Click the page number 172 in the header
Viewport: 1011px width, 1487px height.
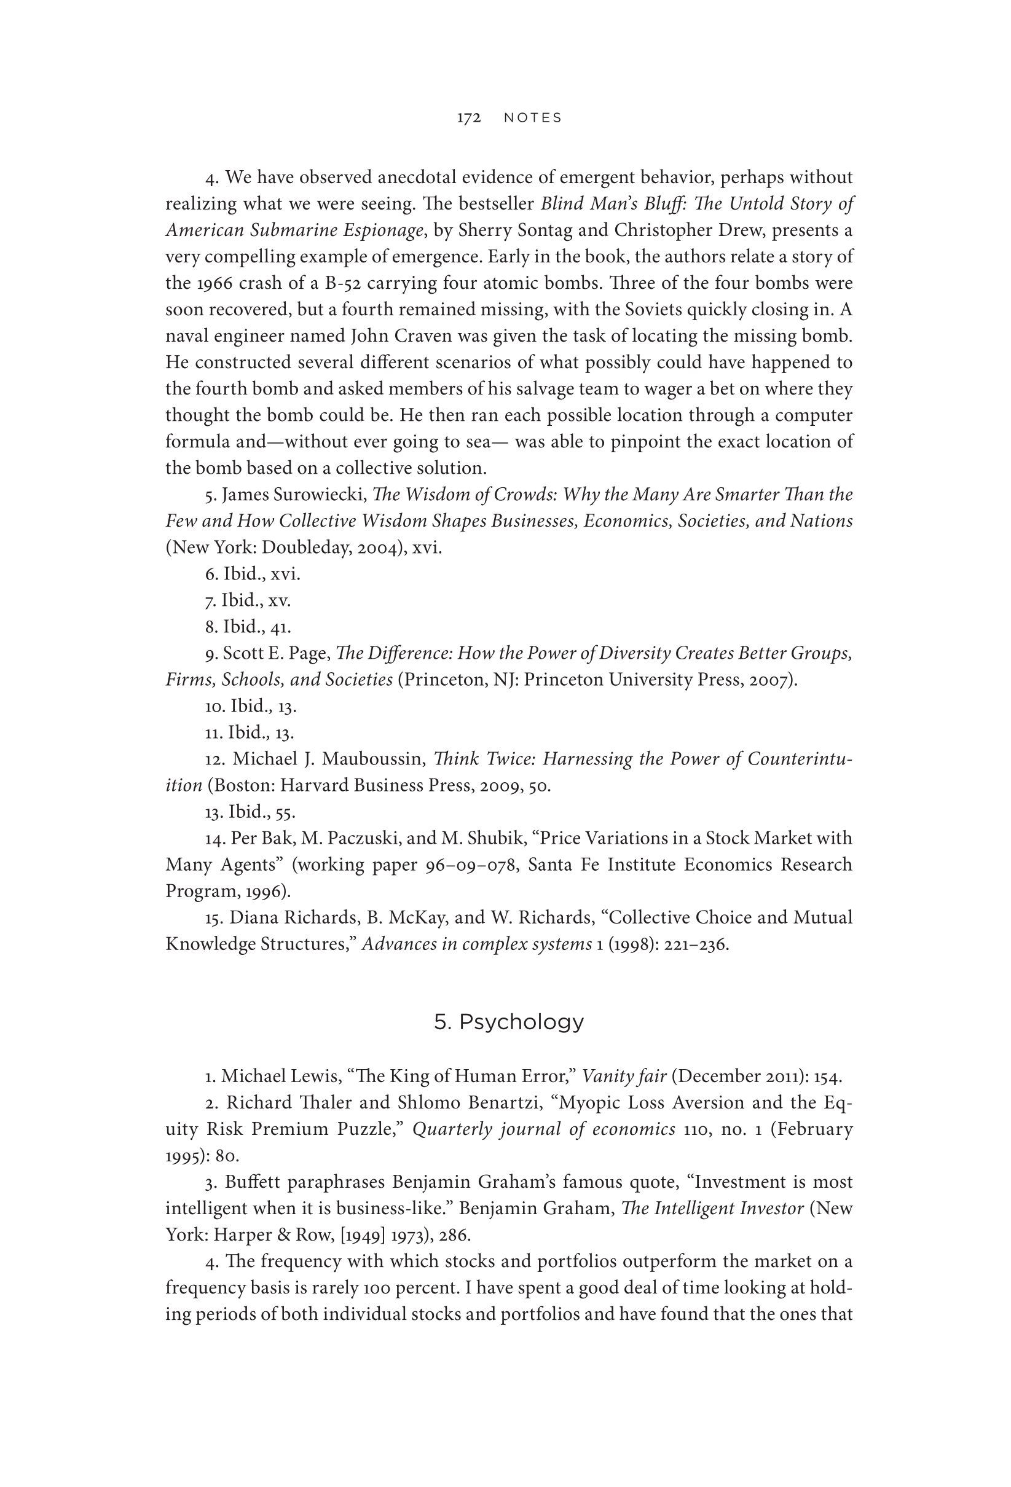[468, 118]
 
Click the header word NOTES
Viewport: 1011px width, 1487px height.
[532, 118]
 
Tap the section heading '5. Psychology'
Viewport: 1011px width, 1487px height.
[509, 1022]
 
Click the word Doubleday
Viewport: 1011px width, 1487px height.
[304, 547]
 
